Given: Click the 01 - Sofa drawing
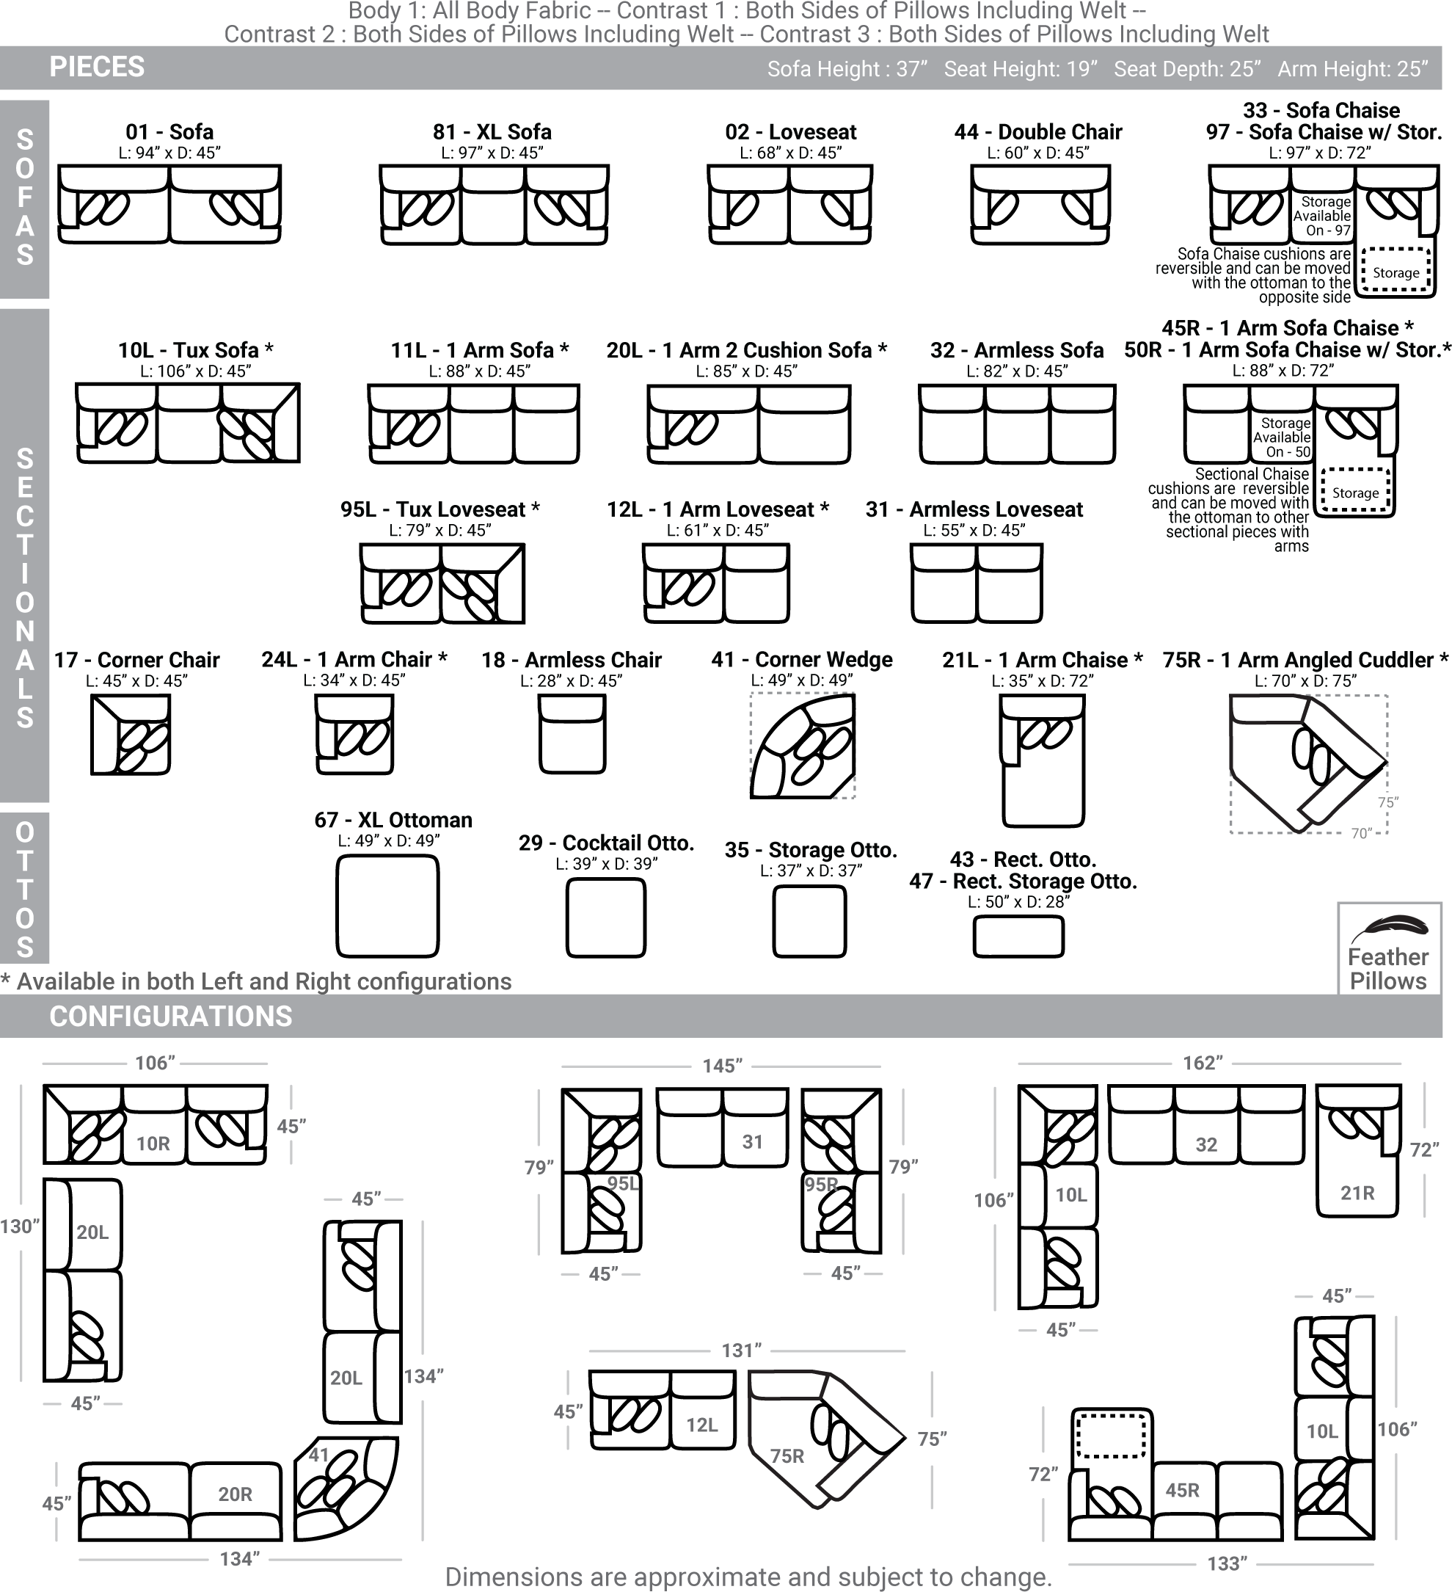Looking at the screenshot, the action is [169, 204].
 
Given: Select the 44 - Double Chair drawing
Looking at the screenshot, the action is [1040, 204].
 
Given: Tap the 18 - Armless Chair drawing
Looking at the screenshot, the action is [572, 734].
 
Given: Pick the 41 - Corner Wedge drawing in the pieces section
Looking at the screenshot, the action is [802, 746].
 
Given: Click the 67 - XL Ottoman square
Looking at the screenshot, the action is [387, 906].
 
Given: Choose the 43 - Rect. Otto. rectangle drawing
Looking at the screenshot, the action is [1018, 937].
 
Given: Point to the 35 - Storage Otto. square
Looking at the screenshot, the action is [809, 920].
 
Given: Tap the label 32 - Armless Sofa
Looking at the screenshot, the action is [1017, 350].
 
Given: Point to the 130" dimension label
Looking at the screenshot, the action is [19, 1226].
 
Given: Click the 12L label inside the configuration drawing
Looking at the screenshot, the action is [702, 1425].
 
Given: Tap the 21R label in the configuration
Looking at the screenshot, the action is [1357, 1193].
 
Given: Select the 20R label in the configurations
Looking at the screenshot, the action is [236, 1494].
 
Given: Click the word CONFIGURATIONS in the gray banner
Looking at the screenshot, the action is [170, 1017].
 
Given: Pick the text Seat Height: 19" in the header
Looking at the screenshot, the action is [1021, 70].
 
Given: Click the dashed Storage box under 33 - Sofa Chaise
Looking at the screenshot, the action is [1396, 271].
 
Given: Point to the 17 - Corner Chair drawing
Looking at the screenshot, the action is [131, 735].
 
